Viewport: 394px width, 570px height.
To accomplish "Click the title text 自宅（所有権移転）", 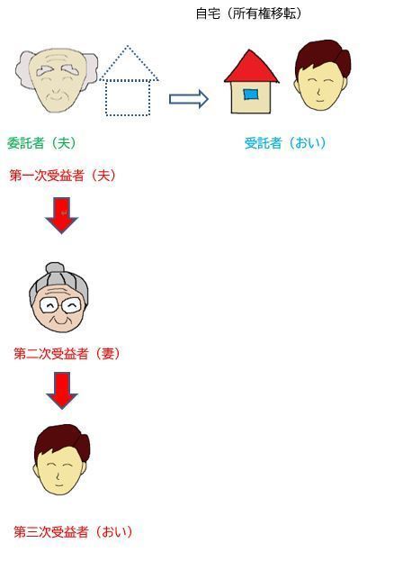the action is [x=249, y=14].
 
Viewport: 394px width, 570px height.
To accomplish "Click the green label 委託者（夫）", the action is [x=42, y=143].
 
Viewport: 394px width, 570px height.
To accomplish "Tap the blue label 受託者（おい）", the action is [x=285, y=143].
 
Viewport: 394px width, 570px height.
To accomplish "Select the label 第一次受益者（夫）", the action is [x=63, y=176].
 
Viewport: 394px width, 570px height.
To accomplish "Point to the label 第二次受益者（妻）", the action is [x=67, y=353].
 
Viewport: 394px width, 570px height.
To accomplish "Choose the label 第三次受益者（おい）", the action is [x=74, y=532].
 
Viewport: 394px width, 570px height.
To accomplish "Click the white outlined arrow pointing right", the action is [x=189, y=99].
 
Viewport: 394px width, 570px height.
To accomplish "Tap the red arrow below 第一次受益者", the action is [x=61, y=215].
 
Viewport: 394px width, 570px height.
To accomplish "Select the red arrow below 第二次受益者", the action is [x=62, y=391].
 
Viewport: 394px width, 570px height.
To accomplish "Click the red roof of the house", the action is [x=251, y=68].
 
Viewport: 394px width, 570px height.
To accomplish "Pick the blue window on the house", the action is [x=251, y=95].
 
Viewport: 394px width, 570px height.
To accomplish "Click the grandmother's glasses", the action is [x=60, y=305].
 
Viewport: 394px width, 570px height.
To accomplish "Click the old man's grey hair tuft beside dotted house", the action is [x=91, y=72].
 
